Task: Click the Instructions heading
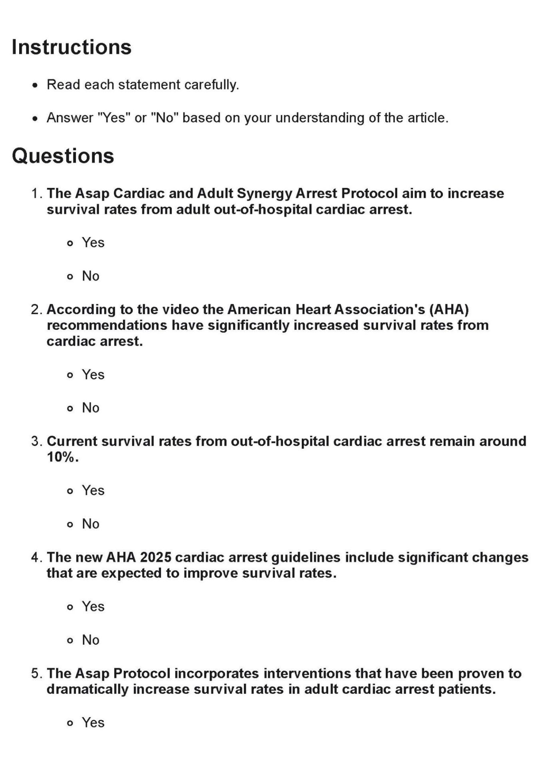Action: [72, 47]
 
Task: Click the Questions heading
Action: [63, 155]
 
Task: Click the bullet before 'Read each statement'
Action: [36, 86]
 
